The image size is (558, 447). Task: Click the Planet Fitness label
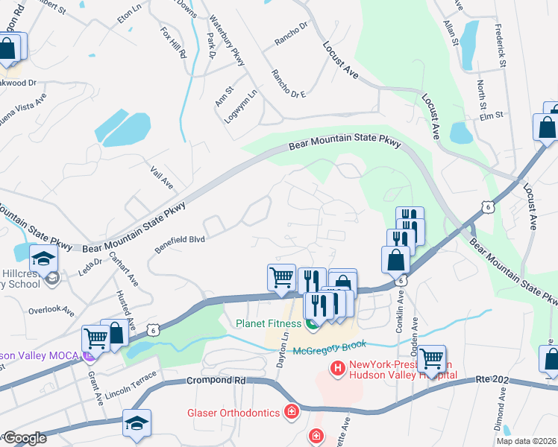coord(269,323)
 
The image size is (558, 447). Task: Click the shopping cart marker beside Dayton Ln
coord(281,277)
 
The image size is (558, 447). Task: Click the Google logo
coord(24,438)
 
